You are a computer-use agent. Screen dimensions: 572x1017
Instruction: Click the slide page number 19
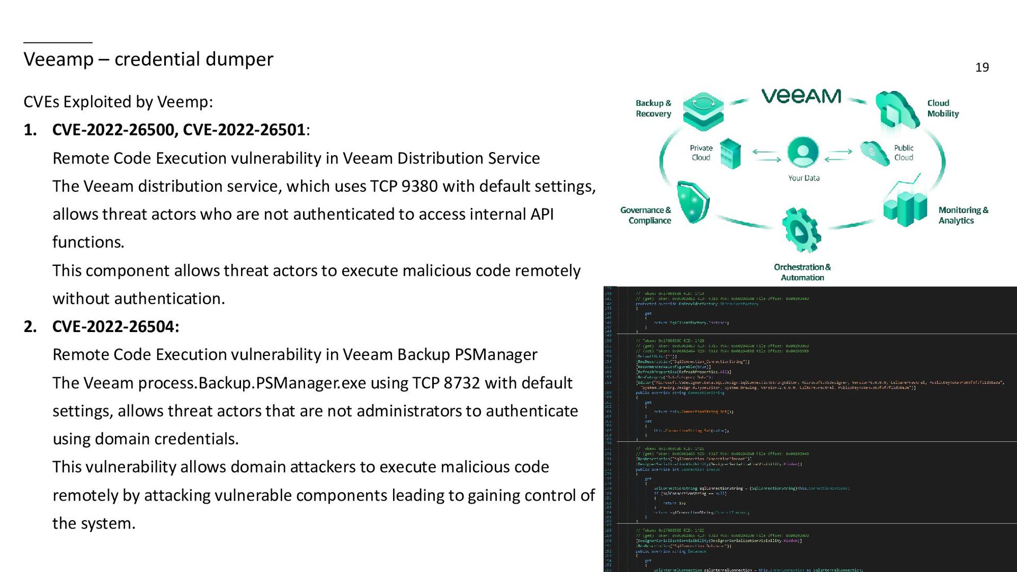click(982, 68)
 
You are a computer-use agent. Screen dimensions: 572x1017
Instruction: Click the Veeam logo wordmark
click(801, 96)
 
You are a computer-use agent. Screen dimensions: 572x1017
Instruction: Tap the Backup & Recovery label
click(653, 109)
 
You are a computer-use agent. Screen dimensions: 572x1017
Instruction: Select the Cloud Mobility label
click(942, 109)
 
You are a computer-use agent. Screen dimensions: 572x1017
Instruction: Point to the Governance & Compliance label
click(646, 216)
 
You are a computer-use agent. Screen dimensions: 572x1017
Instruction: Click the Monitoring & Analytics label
click(963, 216)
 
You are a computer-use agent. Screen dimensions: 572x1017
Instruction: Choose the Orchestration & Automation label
click(802, 272)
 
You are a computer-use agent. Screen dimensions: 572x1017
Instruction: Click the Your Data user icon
click(803, 153)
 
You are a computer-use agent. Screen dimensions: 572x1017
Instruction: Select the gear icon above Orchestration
click(801, 230)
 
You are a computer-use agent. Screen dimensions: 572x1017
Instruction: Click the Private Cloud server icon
click(730, 154)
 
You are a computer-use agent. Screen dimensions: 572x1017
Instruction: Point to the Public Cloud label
click(904, 153)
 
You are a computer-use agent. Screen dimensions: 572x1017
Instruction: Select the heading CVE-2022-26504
click(115, 327)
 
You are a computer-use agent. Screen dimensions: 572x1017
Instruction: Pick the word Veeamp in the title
click(58, 59)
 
